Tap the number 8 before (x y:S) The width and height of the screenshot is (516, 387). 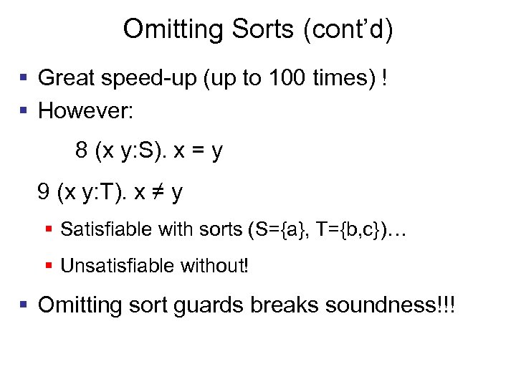(81, 151)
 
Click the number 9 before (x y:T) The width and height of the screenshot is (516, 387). (44, 192)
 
